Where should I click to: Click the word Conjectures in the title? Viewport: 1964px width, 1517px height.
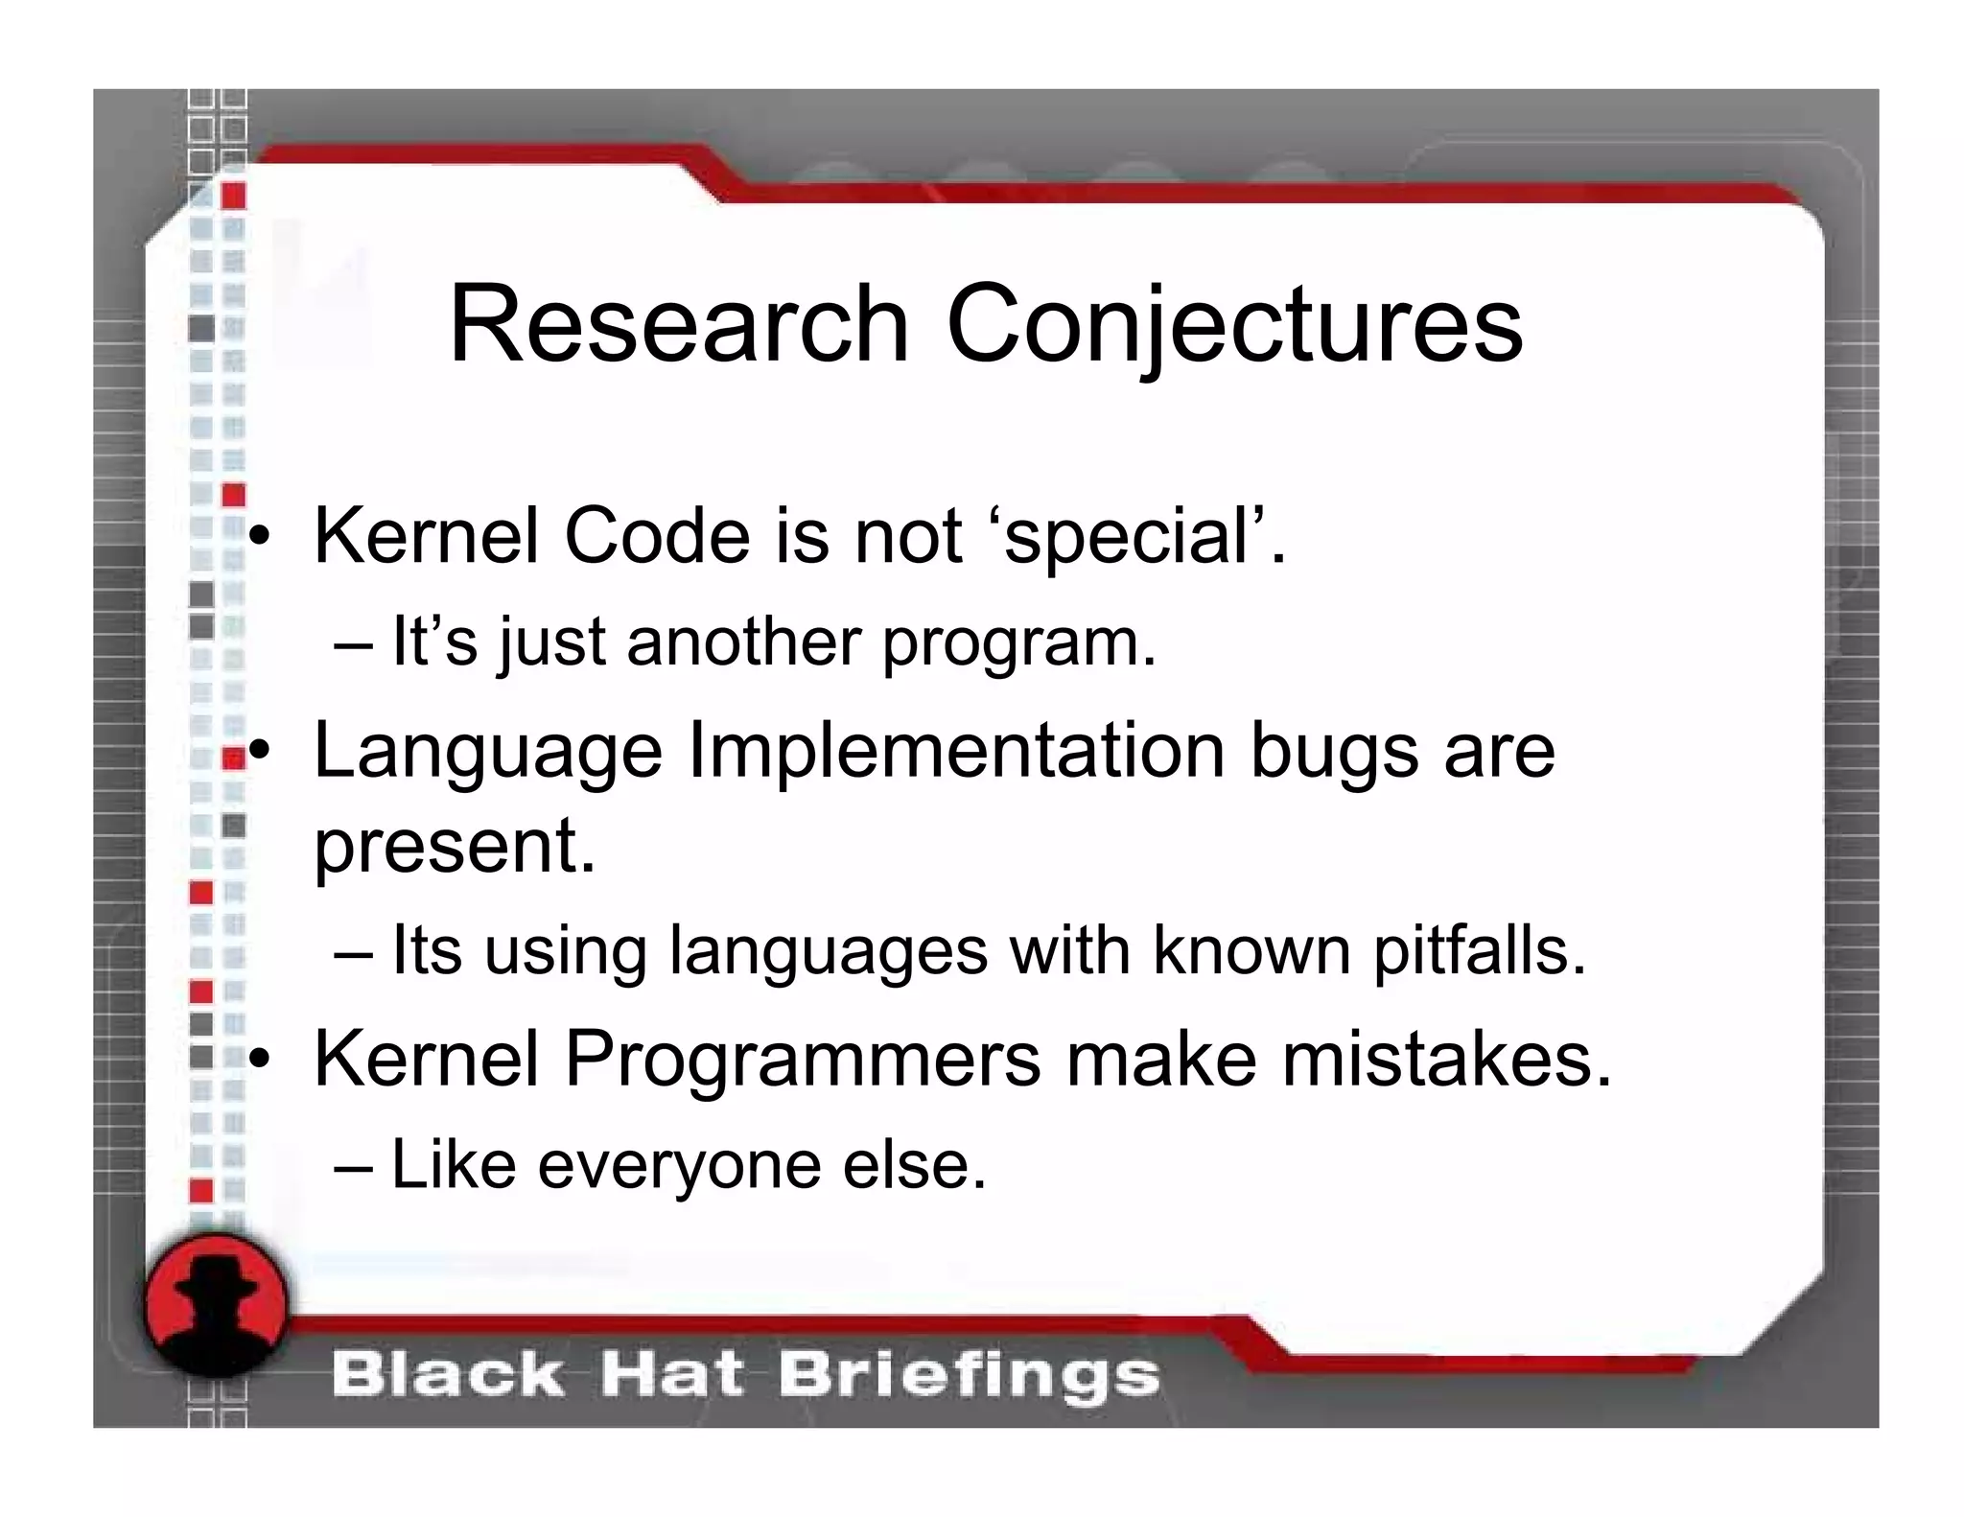point(1234,326)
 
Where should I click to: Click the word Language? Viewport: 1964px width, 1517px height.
point(488,753)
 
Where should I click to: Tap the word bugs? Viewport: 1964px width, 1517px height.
point(1334,753)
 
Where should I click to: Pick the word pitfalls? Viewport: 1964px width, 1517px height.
point(1480,951)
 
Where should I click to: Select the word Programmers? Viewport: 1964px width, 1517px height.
point(803,1061)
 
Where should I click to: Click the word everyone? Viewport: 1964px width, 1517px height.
point(680,1167)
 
